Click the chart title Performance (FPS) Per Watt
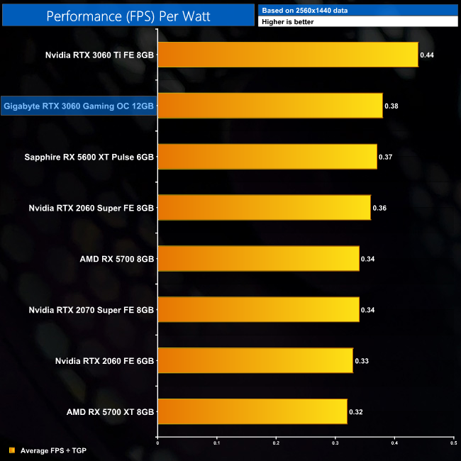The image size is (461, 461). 127,14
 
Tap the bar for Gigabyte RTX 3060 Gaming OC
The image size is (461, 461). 270,105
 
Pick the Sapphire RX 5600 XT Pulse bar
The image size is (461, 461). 267,156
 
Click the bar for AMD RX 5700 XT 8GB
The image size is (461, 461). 252,411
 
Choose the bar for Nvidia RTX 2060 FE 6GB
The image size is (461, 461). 255,360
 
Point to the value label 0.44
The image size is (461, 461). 427,55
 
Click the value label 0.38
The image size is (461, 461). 391,106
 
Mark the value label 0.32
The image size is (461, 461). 356,412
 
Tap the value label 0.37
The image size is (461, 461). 386,157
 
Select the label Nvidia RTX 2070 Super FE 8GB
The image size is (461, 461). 91,310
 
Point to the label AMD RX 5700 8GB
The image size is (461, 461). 117,259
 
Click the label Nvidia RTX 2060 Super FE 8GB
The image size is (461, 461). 91,208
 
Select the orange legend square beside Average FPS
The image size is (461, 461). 11,450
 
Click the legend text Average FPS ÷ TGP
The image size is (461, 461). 54,450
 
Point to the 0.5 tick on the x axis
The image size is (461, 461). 452,444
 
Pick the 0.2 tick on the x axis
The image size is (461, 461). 276,444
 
